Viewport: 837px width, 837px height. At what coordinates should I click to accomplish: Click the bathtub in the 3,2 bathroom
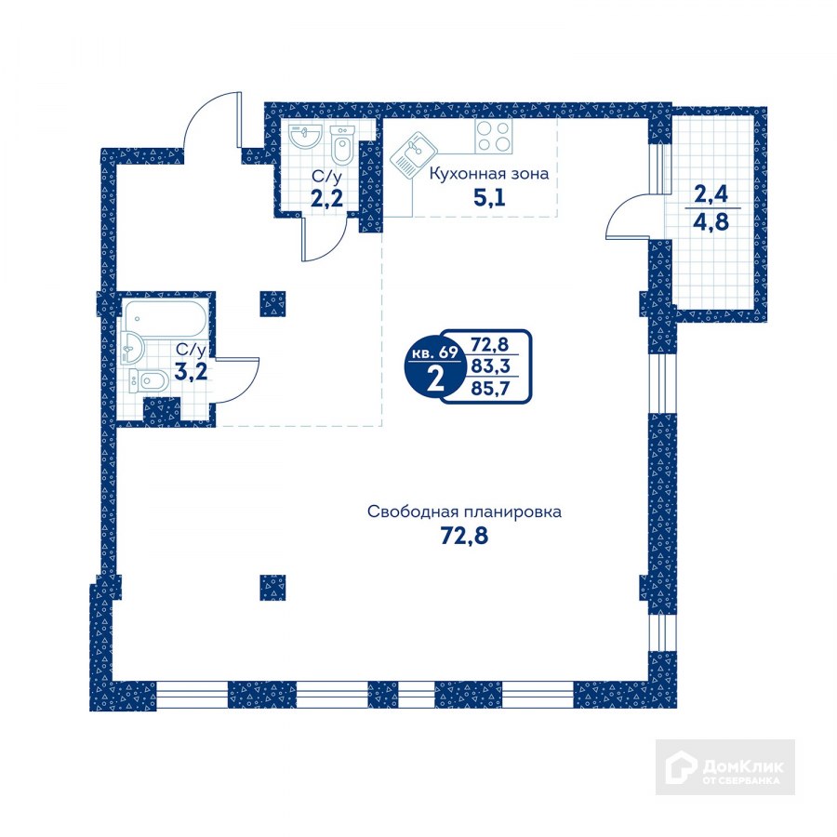click(x=165, y=318)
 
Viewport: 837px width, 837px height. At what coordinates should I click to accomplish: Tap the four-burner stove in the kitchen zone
click(x=494, y=136)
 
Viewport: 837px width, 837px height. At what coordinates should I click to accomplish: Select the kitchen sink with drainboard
click(x=414, y=155)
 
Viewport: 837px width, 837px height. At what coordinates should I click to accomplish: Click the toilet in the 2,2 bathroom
click(x=342, y=144)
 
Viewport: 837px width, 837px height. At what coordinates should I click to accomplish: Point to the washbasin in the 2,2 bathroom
click(x=306, y=136)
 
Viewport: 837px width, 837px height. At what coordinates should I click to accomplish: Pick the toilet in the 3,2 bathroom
click(x=150, y=381)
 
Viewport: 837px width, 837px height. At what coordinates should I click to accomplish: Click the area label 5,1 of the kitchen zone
click(x=489, y=198)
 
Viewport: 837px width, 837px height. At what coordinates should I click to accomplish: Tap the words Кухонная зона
click(x=489, y=174)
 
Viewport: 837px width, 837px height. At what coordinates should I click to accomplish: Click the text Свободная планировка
click(x=464, y=511)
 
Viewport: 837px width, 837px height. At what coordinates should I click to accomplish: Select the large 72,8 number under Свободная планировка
click(x=464, y=535)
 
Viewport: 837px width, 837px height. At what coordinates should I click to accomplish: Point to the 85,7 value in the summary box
click(x=490, y=388)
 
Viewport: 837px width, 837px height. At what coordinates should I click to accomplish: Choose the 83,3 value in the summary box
click(x=490, y=366)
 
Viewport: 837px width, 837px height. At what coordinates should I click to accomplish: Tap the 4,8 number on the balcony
click(x=711, y=220)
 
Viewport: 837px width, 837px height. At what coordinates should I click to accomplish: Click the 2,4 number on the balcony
click(x=711, y=193)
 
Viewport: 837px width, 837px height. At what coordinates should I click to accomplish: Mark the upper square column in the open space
click(x=272, y=304)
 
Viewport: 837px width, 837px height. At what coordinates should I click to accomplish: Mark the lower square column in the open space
click(x=272, y=588)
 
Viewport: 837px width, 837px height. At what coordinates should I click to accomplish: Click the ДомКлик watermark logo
click(x=725, y=767)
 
